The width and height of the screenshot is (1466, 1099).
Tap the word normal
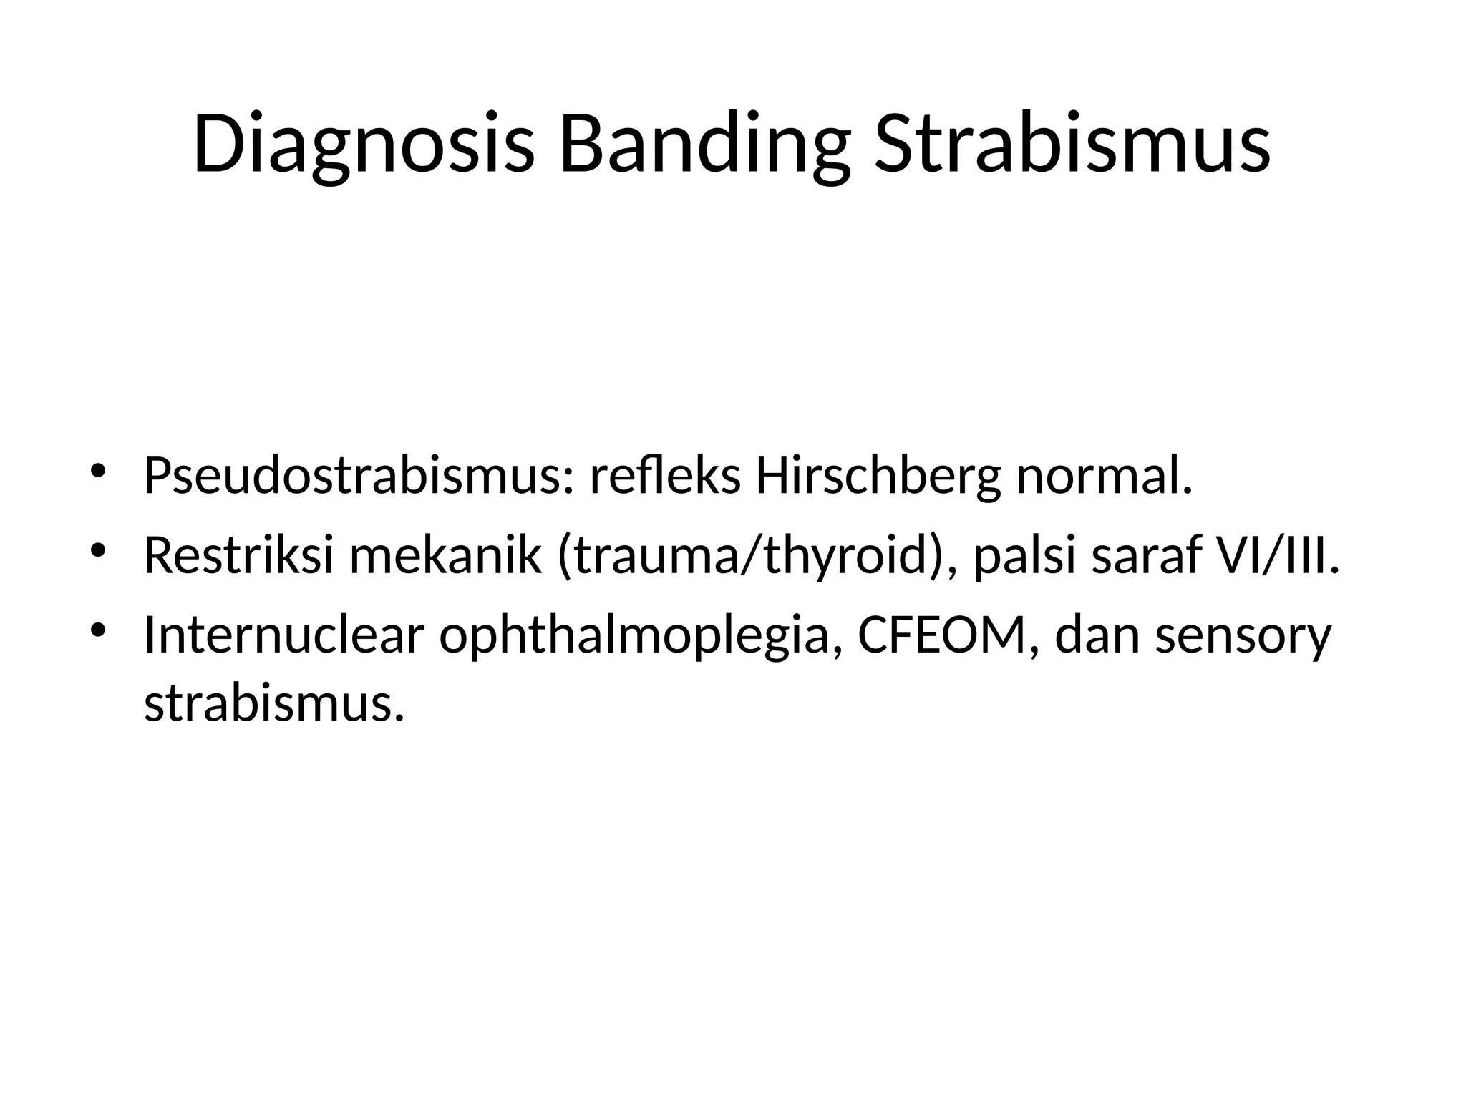click(1105, 476)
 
